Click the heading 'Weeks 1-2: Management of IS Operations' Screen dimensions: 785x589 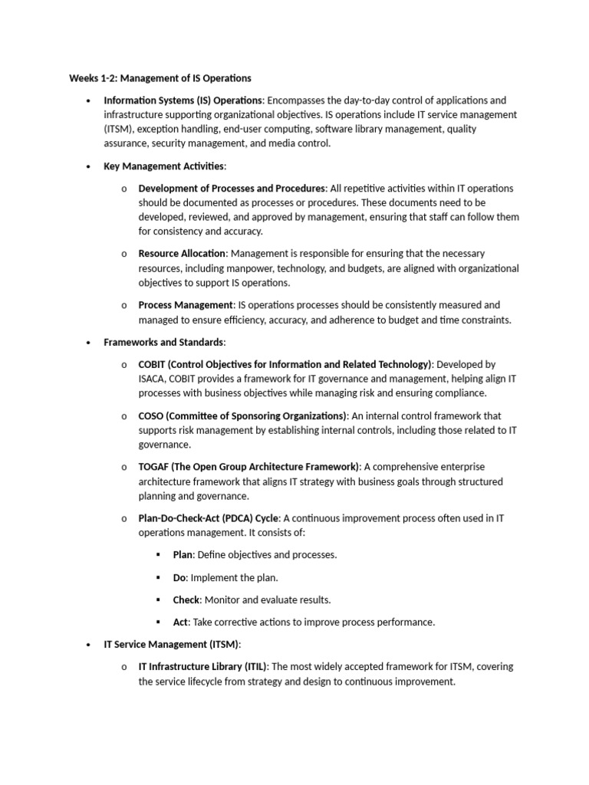(x=160, y=78)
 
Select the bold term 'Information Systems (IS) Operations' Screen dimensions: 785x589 (x=183, y=100)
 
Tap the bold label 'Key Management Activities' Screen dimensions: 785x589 (x=164, y=166)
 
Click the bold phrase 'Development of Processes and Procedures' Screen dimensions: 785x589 (x=232, y=188)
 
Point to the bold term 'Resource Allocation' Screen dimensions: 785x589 (x=182, y=253)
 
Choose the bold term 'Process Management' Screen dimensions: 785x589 (x=185, y=305)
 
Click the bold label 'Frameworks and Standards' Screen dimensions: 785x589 (x=163, y=342)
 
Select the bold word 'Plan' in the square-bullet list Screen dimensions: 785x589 (x=183, y=555)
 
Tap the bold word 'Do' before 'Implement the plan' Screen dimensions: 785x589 (x=179, y=577)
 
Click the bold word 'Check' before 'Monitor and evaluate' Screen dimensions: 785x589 (x=186, y=599)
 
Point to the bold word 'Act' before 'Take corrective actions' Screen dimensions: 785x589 (x=180, y=622)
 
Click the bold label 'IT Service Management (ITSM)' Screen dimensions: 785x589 (x=172, y=644)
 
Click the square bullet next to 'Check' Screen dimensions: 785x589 (x=158, y=599)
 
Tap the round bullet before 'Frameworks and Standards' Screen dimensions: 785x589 (x=89, y=343)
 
